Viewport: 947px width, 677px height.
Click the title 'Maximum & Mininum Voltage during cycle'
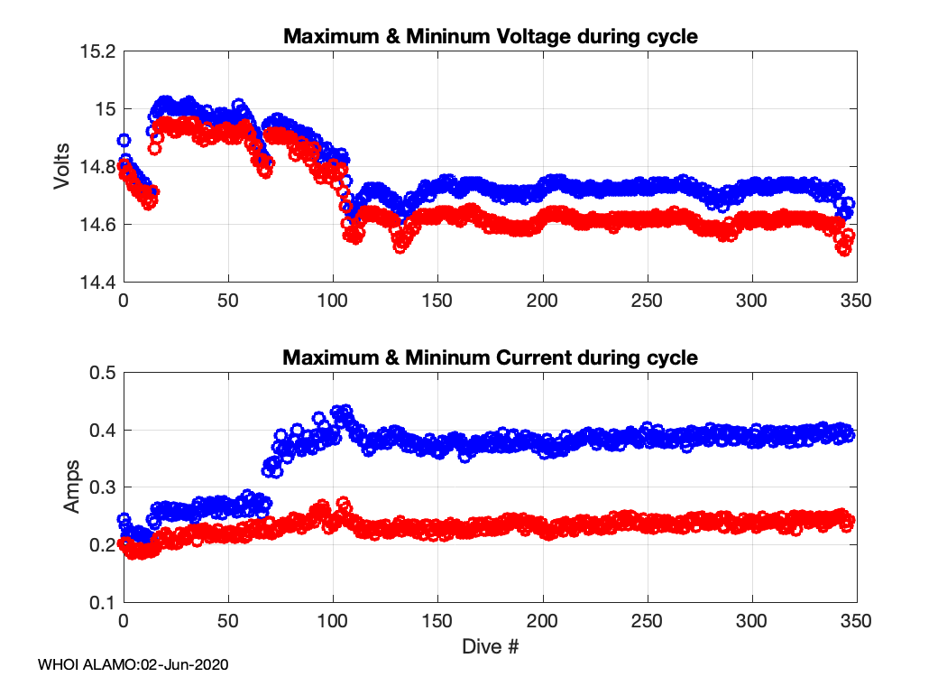point(491,37)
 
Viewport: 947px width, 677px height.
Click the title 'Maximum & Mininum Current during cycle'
point(491,357)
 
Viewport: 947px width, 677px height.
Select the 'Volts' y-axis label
point(62,166)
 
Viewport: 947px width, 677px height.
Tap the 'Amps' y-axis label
point(71,487)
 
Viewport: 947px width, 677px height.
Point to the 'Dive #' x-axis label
point(490,646)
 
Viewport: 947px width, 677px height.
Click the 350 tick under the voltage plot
point(856,301)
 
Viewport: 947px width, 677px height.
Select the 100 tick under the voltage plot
point(333,301)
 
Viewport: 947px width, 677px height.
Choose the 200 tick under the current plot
point(542,622)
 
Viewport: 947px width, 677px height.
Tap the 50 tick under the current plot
point(228,622)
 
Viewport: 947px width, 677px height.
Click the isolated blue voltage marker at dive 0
point(124,140)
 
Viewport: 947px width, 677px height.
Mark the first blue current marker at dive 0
point(124,519)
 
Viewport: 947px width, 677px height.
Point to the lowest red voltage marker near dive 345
point(844,249)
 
